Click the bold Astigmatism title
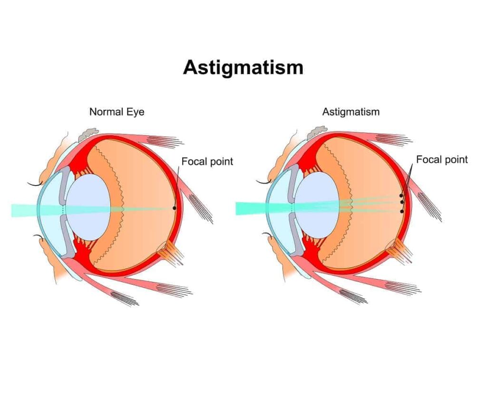[x=243, y=67]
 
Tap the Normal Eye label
[x=117, y=112]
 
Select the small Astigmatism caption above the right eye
[x=351, y=112]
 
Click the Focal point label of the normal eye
[x=207, y=161]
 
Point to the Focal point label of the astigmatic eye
[x=442, y=160]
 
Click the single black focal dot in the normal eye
[x=174, y=208]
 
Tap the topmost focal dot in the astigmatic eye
[x=401, y=195]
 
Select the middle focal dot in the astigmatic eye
[x=402, y=202]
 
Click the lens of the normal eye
[x=88, y=207]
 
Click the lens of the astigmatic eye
[x=317, y=206]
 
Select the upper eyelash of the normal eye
[x=35, y=185]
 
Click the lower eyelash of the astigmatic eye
[x=267, y=235]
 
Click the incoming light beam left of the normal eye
[x=24, y=210]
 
